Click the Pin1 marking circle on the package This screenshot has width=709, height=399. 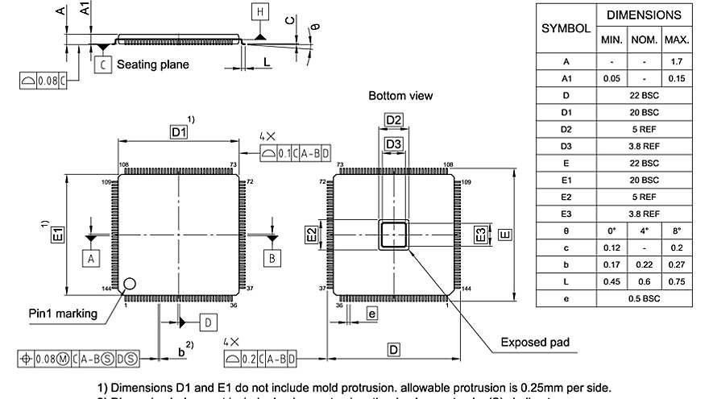[129, 283]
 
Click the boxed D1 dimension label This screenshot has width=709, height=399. [178, 132]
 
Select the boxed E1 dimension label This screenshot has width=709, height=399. [59, 235]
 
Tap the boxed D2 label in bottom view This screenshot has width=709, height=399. [393, 120]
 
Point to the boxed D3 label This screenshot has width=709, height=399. [393, 144]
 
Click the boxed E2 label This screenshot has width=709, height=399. [311, 235]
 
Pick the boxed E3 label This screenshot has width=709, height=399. [479, 235]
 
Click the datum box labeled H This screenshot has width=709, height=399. [259, 12]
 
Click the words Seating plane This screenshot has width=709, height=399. [153, 64]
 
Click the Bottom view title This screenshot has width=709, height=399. [400, 96]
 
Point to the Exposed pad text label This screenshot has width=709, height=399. [534, 343]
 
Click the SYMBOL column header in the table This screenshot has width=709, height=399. [566, 27]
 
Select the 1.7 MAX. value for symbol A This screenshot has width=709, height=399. [677, 61]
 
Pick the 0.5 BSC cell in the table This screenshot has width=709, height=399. [645, 298]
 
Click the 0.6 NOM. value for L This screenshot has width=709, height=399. [645, 281]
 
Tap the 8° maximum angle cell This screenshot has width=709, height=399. [677, 231]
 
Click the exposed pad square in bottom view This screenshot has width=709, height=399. [394, 235]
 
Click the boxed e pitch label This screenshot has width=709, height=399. [371, 314]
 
